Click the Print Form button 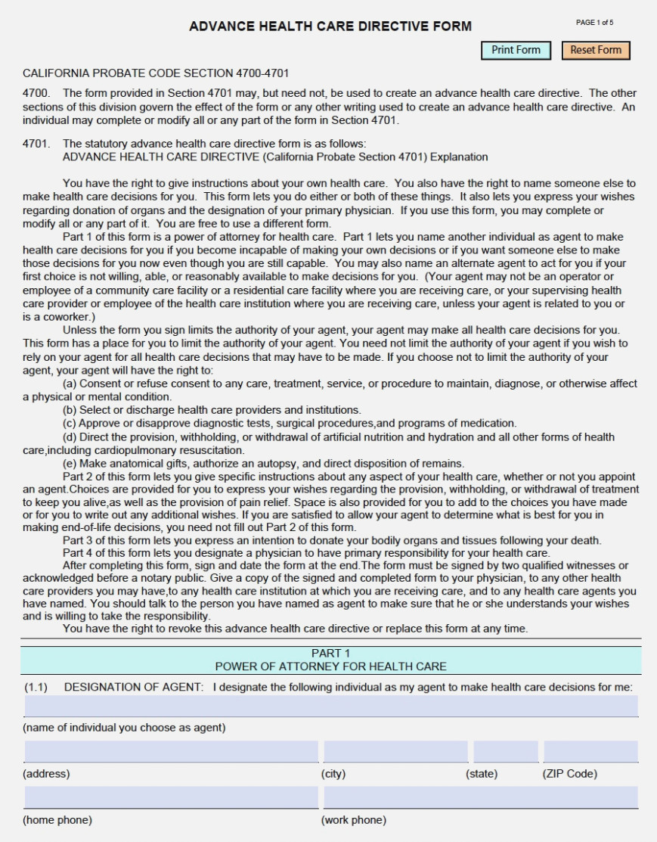(516, 51)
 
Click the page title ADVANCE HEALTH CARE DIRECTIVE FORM (330, 26)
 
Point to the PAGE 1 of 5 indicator (594, 23)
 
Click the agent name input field (330, 706)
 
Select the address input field (171, 751)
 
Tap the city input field (395, 751)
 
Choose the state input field (506, 751)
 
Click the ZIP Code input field (590, 751)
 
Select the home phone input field (171, 797)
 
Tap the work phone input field (480, 797)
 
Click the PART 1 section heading (330, 653)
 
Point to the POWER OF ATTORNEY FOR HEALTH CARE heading (330, 666)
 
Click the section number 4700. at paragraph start (36, 93)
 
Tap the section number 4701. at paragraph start (36, 144)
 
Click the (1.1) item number (36, 687)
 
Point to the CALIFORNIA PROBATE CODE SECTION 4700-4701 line (156, 73)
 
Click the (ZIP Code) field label (569, 773)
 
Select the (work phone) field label (353, 820)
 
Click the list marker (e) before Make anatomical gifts (70, 464)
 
